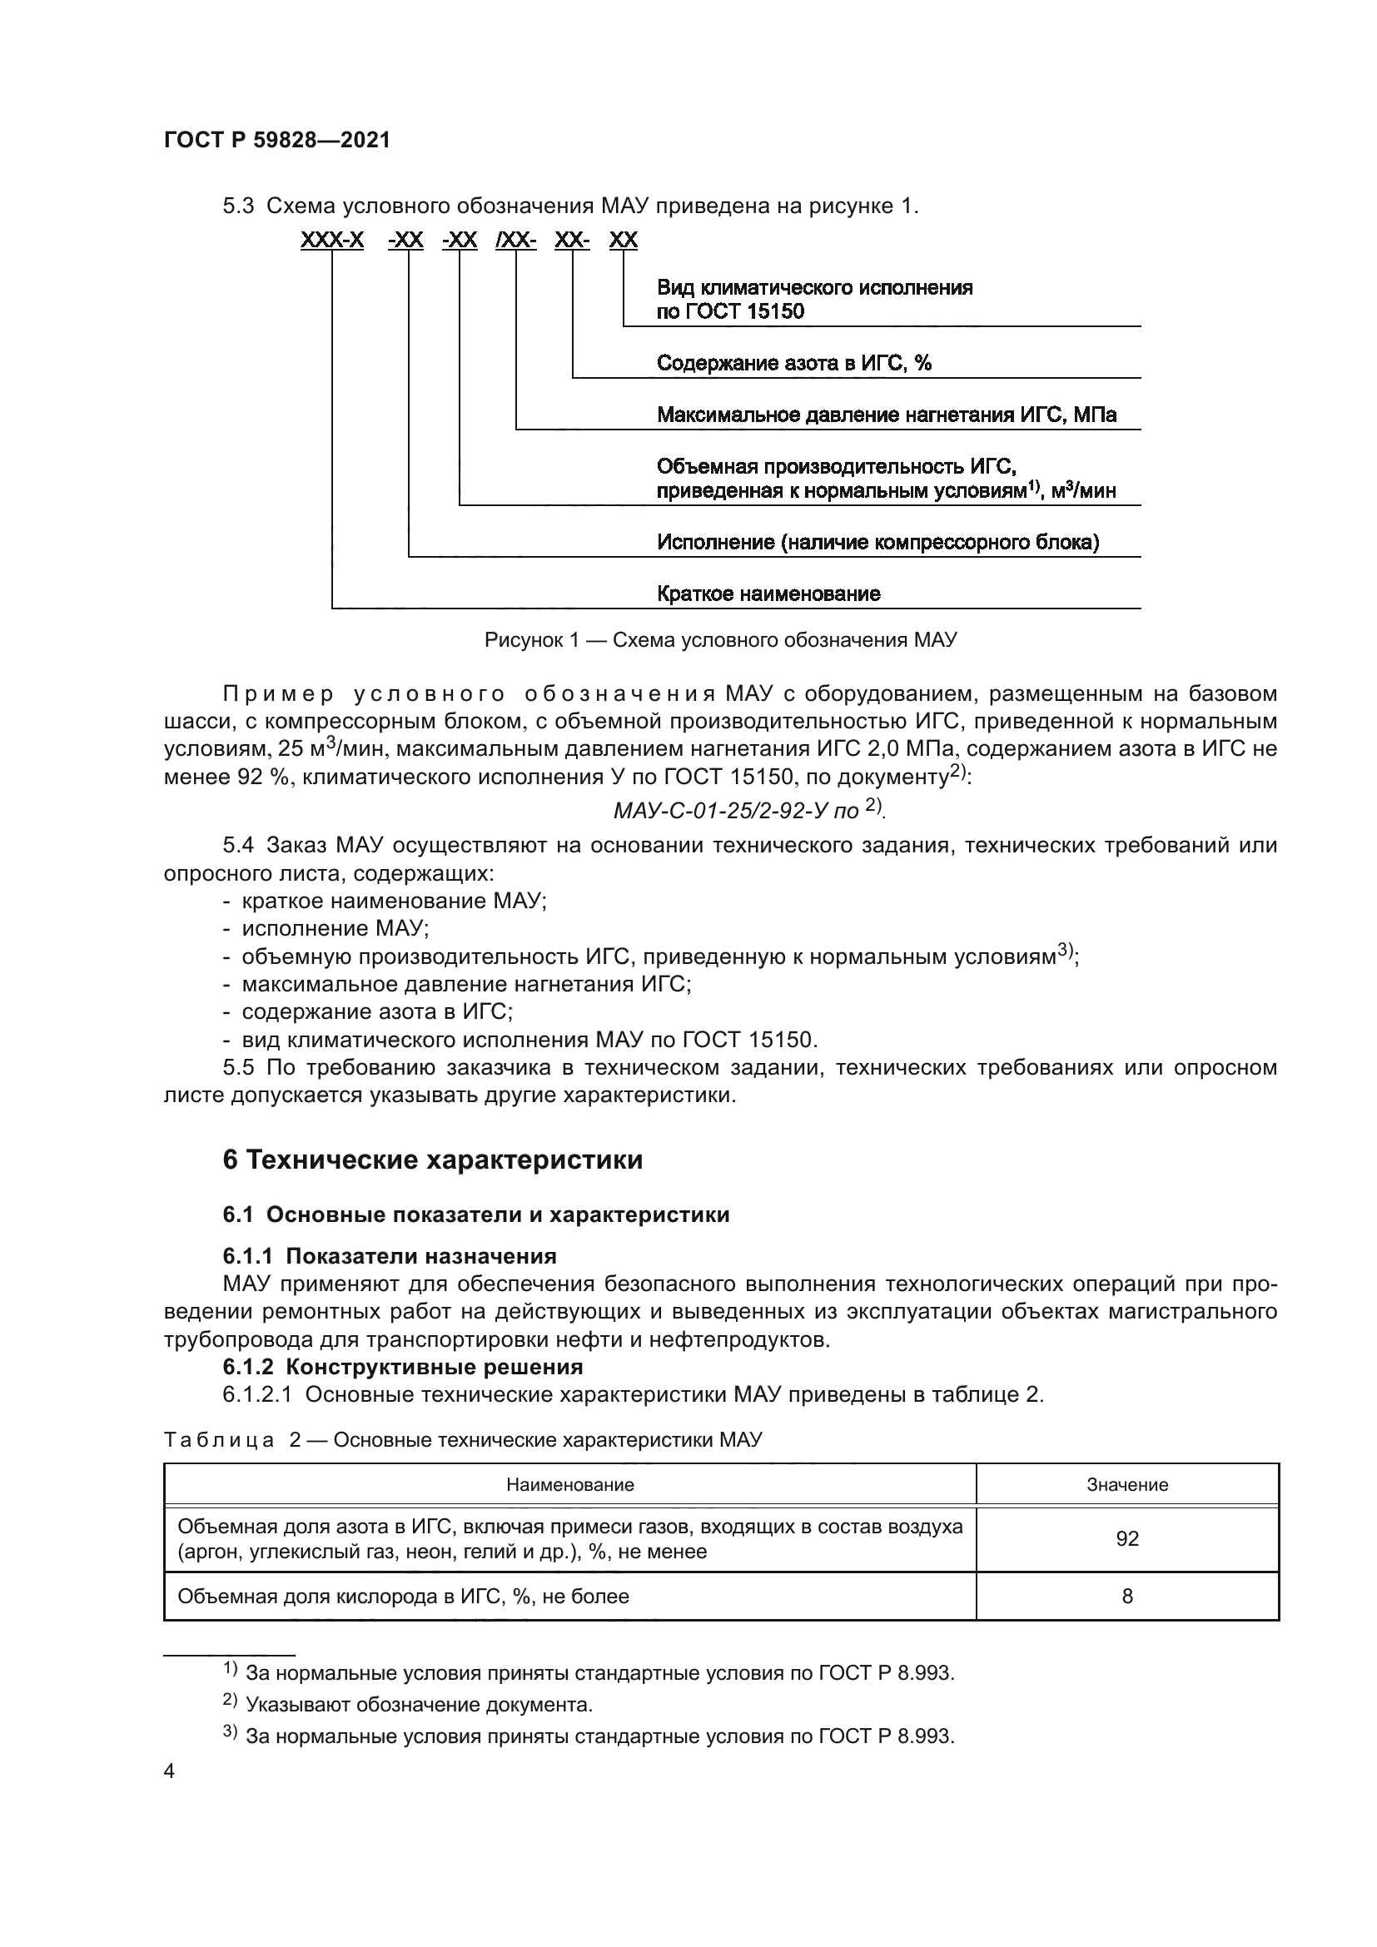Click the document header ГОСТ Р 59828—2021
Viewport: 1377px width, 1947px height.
276,141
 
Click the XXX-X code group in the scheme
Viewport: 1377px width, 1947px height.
331,241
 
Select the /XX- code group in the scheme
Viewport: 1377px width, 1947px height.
515,241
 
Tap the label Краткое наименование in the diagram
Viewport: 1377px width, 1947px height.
768,594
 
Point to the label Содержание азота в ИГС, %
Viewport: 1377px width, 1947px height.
793,364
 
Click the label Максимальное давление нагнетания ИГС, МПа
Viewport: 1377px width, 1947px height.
886,415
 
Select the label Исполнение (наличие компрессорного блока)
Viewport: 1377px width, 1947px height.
877,543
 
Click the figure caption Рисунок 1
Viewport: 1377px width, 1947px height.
720,640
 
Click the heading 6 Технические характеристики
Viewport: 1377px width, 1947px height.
432,1160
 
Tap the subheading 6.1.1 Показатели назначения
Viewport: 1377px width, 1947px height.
389,1256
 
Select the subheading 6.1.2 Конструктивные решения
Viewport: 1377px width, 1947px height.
403,1367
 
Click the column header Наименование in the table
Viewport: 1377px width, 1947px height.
569,1485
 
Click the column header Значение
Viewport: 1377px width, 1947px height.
1127,1485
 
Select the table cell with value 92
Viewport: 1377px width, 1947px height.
1127,1539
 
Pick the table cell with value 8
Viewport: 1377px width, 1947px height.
1127,1597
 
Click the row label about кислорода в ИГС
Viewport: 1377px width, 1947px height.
403,1597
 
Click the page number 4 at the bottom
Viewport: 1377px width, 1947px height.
170,1771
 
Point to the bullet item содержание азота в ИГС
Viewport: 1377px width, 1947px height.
376,1011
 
